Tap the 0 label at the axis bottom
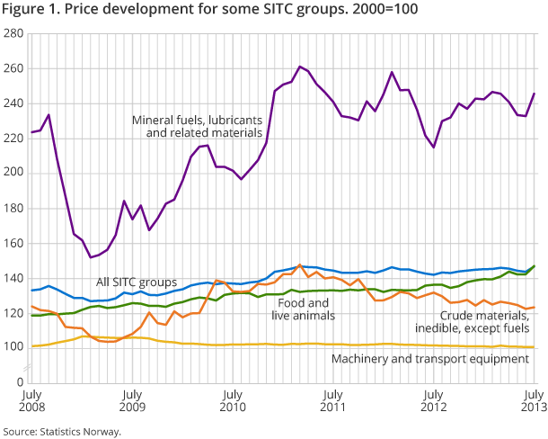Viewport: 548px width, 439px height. [19, 382]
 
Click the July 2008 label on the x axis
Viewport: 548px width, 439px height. [31, 400]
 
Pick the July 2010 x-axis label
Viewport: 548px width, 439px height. [232, 400]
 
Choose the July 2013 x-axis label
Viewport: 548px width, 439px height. [534, 400]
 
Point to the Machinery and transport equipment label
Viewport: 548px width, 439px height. [430, 359]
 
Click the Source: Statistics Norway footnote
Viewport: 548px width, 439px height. [60, 431]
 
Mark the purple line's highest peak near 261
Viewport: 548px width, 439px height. [299, 67]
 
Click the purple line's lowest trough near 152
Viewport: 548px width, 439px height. [92, 257]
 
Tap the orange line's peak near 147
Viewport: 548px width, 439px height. [299, 265]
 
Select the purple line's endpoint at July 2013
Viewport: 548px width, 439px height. [535, 94]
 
